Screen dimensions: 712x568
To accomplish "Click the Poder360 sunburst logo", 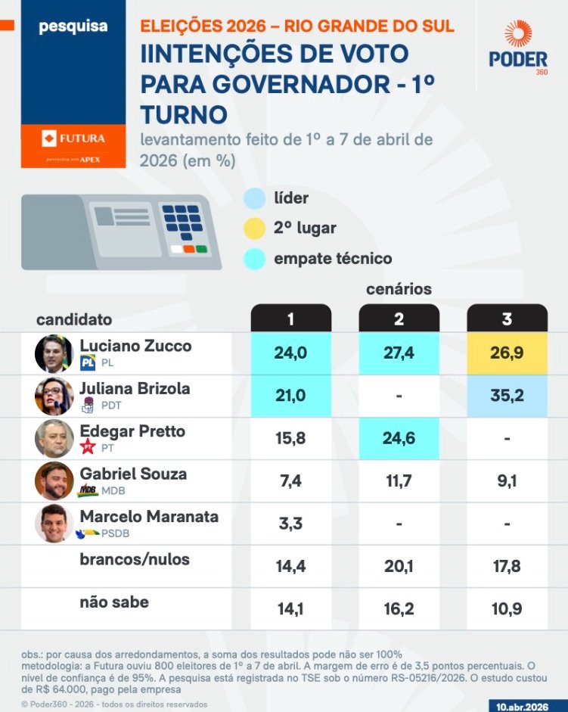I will (x=518, y=35).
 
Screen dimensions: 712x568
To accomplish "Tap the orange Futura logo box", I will (x=73, y=138).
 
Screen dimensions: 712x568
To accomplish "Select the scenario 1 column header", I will (x=291, y=319).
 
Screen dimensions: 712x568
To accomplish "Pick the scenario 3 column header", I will (x=507, y=319).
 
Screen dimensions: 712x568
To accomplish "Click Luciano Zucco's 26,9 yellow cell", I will (x=507, y=353).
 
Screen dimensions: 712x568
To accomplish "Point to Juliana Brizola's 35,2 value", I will (x=507, y=396).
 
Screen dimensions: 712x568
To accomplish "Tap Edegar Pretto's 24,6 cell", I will (x=399, y=438).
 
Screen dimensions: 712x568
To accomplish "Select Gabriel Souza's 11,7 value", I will (x=399, y=480).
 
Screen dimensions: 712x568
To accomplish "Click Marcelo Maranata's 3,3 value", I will (x=291, y=523).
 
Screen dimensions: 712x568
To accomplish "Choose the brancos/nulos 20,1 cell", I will (x=399, y=566).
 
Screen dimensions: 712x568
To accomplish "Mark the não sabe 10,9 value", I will (x=507, y=608).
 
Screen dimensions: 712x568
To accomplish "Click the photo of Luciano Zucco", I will (x=54, y=353).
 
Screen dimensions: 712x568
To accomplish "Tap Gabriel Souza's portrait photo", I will (x=54, y=480).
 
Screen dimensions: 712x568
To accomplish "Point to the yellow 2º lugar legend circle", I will (x=255, y=228).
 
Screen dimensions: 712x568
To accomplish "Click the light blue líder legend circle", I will (x=255, y=199).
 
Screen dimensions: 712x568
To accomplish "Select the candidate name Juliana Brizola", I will (x=135, y=389).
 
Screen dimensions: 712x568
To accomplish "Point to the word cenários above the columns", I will (x=399, y=289).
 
